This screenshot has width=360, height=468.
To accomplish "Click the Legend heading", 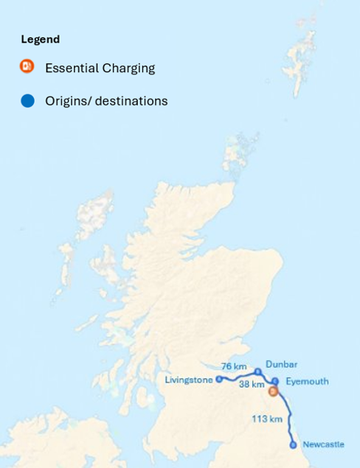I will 40,39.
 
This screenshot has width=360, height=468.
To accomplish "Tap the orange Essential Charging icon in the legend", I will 27,67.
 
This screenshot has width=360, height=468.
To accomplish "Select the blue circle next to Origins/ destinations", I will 27,101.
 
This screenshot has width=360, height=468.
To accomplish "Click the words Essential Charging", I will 100,68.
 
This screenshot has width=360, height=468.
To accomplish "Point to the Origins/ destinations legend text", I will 106,101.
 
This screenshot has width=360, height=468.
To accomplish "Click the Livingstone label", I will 190,380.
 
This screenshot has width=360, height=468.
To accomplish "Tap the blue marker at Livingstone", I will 219,379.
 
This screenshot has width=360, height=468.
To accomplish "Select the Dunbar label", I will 281,364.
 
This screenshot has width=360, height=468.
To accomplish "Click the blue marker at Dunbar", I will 257,371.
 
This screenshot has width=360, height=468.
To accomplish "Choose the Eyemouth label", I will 307,381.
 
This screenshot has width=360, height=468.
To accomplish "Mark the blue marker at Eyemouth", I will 275,382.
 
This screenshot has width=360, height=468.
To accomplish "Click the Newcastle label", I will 323,444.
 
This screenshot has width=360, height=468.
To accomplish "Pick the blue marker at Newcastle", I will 294,445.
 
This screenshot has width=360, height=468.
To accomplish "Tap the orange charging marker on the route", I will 272,391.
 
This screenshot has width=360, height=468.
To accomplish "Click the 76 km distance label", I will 234,366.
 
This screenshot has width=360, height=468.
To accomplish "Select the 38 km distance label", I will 252,384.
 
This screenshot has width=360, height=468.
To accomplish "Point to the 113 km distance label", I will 267,419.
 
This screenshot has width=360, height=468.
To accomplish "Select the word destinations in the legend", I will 131,101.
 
